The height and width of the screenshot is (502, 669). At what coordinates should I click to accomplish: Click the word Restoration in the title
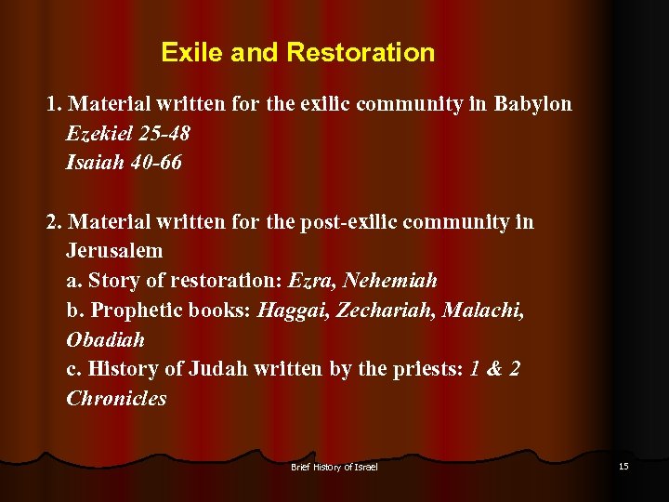tap(361, 52)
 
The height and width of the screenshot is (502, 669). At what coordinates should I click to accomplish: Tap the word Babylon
tap(532, 103)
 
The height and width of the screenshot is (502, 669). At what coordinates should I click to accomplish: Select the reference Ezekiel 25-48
tap(128, 133)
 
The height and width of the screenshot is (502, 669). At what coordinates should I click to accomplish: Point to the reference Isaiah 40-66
tap(124, 163)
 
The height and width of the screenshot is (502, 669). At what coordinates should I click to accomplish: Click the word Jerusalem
tap(114, 251)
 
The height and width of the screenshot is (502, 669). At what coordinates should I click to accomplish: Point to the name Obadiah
tap(105, 340)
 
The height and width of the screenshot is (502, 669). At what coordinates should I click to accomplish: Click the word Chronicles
tap(116, 399)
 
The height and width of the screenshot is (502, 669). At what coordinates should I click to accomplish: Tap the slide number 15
tap(623, 466)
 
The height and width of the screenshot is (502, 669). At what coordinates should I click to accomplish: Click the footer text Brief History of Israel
tap(334, 467)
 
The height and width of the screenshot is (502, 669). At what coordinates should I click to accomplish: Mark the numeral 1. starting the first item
tap(54, 103)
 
